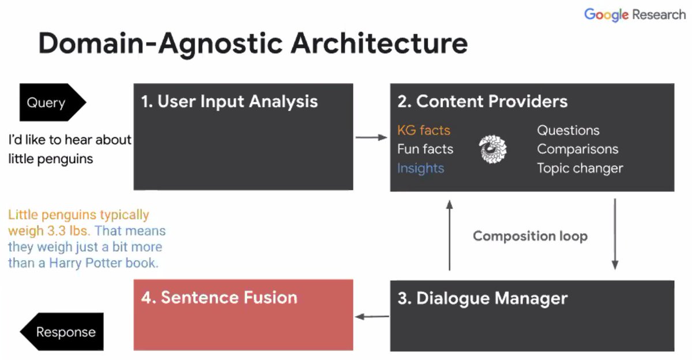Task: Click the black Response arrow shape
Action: pyautogui.click(x=62, y=332)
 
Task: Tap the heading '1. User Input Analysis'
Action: pyautogui.click(x=230, y=102)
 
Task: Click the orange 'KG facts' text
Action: pyautogui.click(x=423, y=130)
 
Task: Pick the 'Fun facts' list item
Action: pyautogui.click(x=425, y=149)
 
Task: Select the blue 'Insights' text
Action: pyautogui.click(x=420, y=168)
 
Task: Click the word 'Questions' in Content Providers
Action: pyautogui.click(x=568, y=130)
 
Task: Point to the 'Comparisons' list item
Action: pyautogui.click(x=577, y=149)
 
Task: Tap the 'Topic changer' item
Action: pyautogui.click(x=580, y=168)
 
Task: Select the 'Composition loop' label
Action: pyautogui.click(x=530, y=236)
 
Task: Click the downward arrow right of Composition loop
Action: pyautogui.click(x=615, y=234)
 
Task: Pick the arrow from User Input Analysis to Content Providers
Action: pyautogui.click(x=371, y=137)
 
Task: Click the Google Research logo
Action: pyautogui.click(x=634, y=15)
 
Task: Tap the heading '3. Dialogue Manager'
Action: pyautogui.click(x=483, y=298)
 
